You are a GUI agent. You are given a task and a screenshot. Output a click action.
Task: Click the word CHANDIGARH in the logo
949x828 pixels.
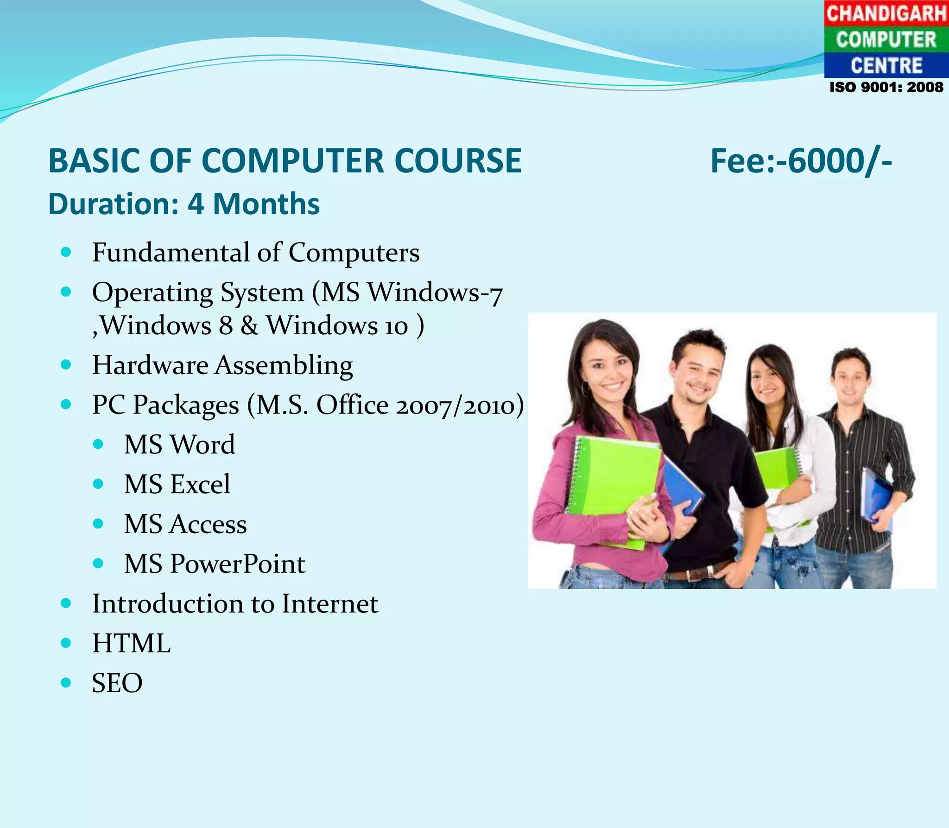click(x=886, y=13)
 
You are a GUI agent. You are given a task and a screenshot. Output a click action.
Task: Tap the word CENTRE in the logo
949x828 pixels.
click(x=886, y=65)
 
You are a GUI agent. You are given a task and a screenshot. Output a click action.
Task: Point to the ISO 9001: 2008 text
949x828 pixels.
click(x=886, y=87)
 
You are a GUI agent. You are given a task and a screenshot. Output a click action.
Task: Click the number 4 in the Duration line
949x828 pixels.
click(x=195, y=204)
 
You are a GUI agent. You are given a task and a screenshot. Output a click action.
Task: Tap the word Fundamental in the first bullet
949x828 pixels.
click(x=171, y=253)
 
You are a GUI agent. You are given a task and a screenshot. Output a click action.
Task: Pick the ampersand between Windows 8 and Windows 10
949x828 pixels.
click(x=249, y=325)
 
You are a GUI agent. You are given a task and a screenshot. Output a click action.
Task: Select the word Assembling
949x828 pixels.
click(x=284, y=365)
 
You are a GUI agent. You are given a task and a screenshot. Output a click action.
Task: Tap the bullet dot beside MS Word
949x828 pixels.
click(x=98, y=445)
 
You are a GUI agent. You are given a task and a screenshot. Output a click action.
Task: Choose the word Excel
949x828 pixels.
click(x=200, y=484)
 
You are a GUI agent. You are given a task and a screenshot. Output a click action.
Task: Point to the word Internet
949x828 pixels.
click(x=330, y=604)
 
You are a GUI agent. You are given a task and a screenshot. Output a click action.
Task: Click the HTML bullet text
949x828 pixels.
click(x=132, y=643)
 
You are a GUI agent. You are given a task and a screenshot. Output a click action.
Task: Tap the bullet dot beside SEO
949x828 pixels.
click(x=66, y=682)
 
